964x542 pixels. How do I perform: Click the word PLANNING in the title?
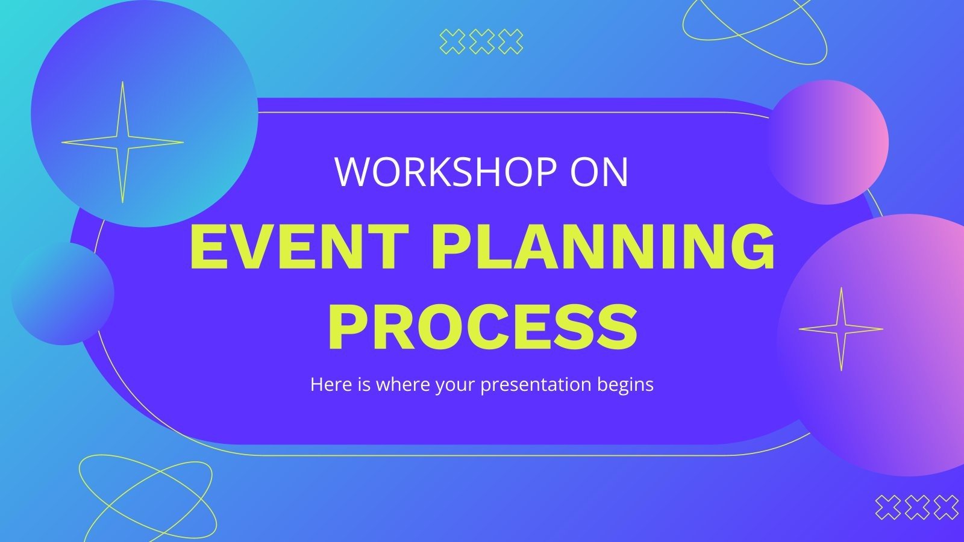pos(602,248)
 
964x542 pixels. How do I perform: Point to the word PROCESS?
pos(482,328)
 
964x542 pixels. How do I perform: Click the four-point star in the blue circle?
pos(122,143)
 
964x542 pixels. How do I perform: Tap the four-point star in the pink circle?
pos(841,329)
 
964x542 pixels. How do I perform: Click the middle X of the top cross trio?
pos(482,42)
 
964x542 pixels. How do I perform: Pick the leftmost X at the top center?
pos(452,42)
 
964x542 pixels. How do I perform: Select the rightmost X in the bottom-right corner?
pos(946,507)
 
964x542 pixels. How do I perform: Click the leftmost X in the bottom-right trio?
pos(887,507)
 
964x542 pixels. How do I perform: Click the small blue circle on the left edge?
pos(63,294)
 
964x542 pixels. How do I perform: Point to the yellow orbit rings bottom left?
pos(146,497)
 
